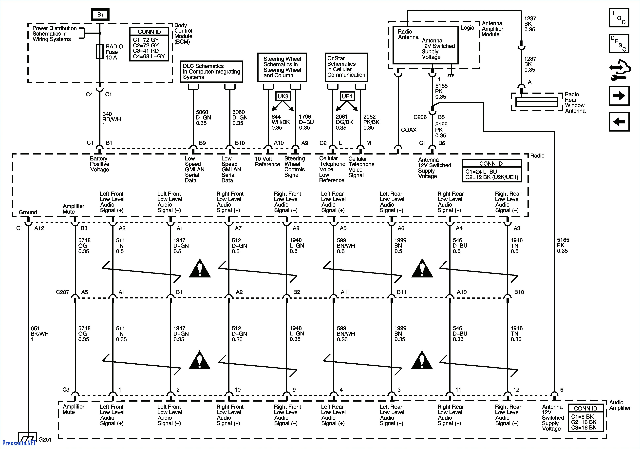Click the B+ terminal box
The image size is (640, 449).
point(100,15)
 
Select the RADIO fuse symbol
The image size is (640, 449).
point(100,52)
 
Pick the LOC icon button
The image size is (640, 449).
point(619,18)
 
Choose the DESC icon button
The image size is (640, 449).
point(619,43)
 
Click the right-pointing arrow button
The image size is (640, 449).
point(619,96)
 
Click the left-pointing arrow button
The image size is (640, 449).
point(619,122)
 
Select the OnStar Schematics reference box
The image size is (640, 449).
point(346,67)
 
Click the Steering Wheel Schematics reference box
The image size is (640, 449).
point(282,67)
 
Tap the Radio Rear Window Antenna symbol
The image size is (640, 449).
point(537,102)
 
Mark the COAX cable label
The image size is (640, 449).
point(409,130)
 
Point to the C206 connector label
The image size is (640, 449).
point(420,117)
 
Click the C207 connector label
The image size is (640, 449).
point(62,292)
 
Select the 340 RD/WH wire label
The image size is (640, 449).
point(112,119)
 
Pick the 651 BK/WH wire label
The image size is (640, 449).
point(40,334)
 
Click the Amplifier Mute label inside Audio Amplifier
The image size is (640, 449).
point(74,409)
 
